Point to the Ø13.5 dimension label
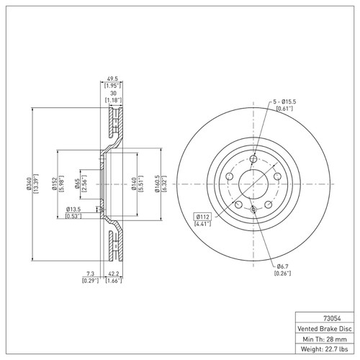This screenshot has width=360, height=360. pyautogui.click(x=73, y=210)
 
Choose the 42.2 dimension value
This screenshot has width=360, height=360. pyautogui.click(x=113, y=274)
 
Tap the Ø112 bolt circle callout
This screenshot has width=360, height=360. pyautogui.click(x=203, y=215)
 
